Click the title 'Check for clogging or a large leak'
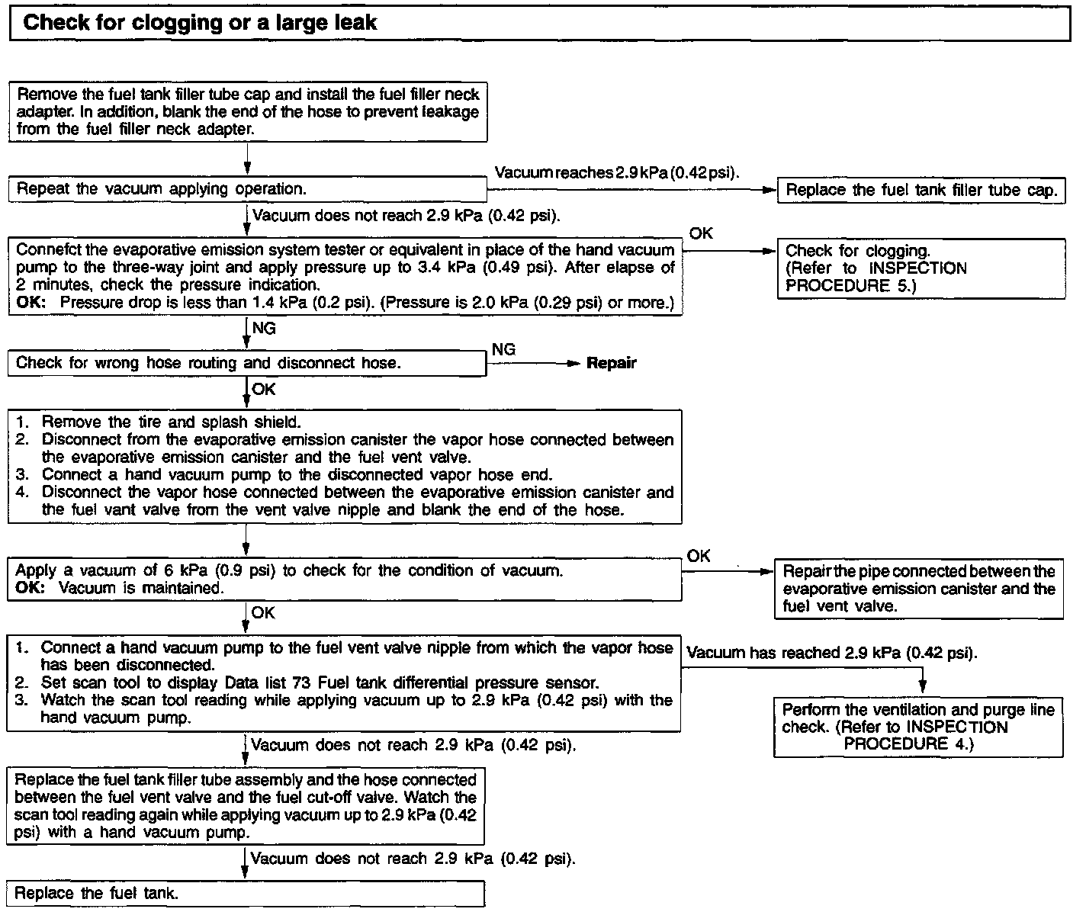click(x=200, y=22)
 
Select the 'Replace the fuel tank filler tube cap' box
click(x=921, y=190)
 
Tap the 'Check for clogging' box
click(x=921, y=268)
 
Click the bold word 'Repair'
click(x=611, y=364)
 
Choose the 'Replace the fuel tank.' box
click(x=246, y=894)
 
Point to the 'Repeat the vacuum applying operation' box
click(x=247, y=189)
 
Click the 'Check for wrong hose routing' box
click(x=247, y=364)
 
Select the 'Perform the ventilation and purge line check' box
click(x=918, y=727)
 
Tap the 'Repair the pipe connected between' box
click(x=919, y=589)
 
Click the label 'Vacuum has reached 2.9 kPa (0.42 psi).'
click(x=832, y=653)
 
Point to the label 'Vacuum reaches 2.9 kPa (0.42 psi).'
click(x=617, y=173)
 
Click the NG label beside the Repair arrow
click(x=503, y=350)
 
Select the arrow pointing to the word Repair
click(x=534, y=364)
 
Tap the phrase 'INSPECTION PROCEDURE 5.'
click(x=876, y=278)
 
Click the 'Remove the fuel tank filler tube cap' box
click(x=247, y=112)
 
